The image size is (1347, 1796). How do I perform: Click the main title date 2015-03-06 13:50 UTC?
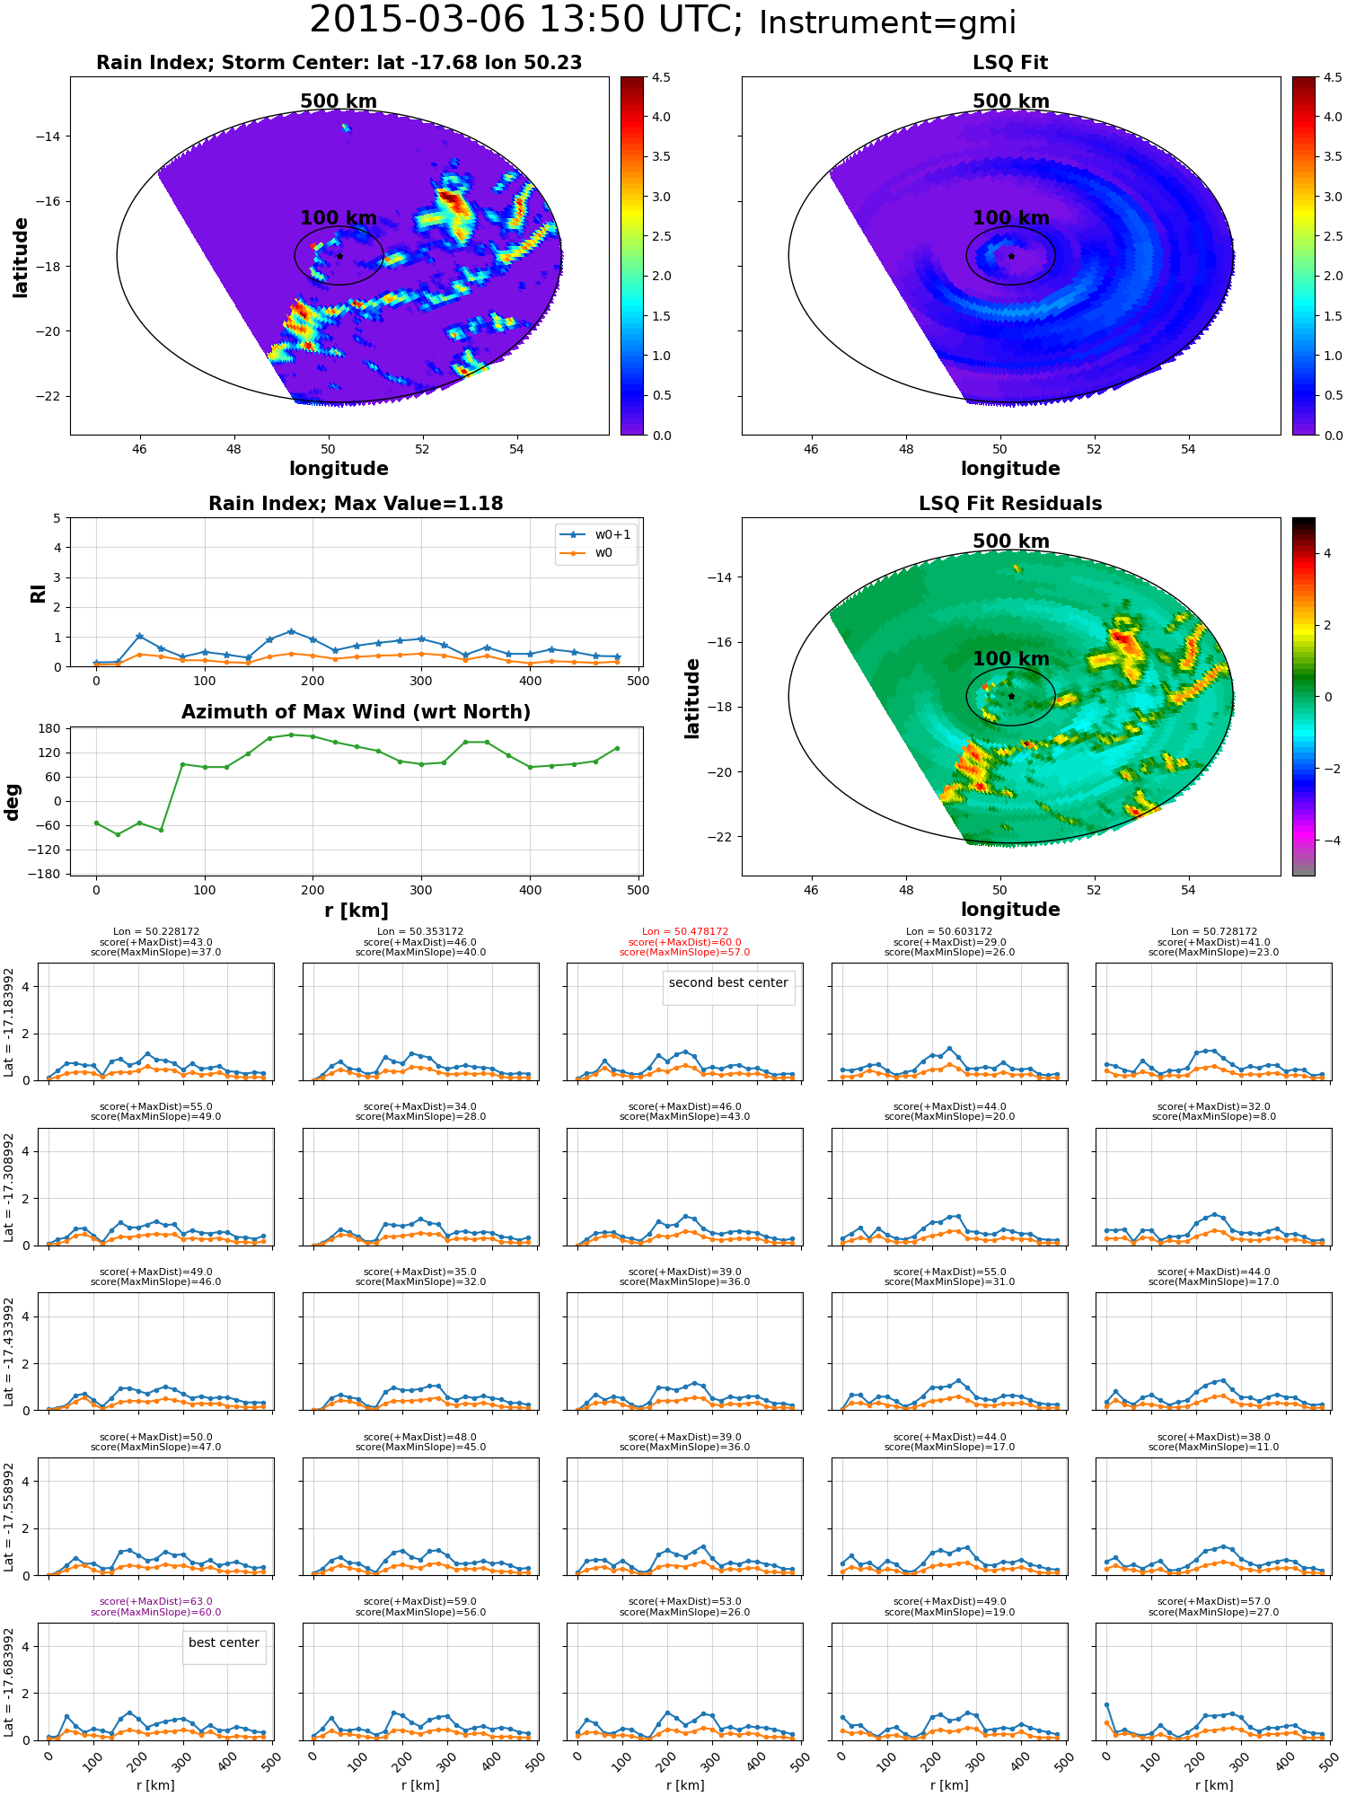(525, 20)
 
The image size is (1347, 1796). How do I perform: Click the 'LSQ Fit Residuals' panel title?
(1010, 504)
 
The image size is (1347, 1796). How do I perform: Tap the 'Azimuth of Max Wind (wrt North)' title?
(356, 712)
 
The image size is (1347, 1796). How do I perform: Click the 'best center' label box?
(224, 1642)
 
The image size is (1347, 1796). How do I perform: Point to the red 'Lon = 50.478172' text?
(685, 932)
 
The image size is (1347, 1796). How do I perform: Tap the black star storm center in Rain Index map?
(339, 256)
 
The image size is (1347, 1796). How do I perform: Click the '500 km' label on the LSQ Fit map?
(1011, 101)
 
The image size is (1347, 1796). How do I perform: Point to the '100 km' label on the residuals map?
(1011, 659)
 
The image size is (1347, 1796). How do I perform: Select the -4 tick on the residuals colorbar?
(1327, 841)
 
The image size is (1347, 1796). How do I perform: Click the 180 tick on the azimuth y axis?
(51, 728)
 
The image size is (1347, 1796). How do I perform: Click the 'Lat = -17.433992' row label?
(9, 1351)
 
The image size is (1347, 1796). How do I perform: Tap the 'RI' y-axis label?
(38, 594)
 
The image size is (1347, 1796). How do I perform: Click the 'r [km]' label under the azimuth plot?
(357, 911)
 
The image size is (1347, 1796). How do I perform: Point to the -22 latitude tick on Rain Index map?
(48, 396)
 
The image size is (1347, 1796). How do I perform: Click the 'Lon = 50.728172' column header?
(1214, 932)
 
